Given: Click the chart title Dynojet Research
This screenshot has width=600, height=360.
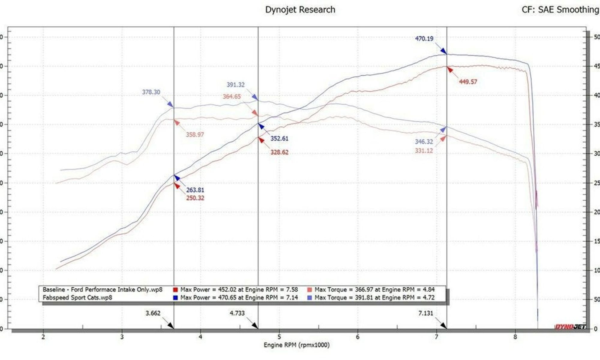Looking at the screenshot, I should (x=300, y=10).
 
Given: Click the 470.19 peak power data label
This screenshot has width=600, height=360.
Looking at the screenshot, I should (x=424, y=39).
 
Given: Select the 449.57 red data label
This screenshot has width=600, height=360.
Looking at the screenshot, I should (x=468, y=82).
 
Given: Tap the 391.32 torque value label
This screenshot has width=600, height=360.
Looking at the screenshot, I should (x=235, y=85).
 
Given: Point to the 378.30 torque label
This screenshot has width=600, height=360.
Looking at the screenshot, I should (x=151, y=92).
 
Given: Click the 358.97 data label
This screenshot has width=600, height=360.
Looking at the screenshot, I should (x=195, y=135).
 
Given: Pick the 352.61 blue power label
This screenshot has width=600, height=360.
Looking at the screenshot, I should (x=279, y=139).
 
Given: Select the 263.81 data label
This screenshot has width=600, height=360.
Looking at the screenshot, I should (x=195, y=190).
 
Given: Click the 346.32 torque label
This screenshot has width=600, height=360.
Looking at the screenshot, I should (x=424, y=142).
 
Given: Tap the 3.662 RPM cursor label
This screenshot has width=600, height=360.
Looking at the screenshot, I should (x=153, y=313).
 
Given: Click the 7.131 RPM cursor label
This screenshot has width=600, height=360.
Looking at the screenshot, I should (x=426, y=313).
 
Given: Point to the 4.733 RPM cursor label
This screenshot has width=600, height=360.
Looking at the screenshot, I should (x=237, y=313).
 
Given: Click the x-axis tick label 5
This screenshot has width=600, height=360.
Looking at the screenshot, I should (x=279, y=337).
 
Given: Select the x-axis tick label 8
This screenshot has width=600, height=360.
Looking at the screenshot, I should (x=515, y=337).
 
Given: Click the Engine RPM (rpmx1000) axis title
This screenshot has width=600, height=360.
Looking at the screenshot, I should (x=296, y=345).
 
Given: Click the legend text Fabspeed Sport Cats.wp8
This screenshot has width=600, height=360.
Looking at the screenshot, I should (x=77, y=298).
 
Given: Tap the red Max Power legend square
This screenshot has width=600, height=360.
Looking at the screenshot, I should (x=175, y=290).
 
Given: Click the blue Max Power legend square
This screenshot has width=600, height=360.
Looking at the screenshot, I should (x=175, y=298).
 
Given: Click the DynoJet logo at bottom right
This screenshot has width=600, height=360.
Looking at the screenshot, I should (x=570, y=326).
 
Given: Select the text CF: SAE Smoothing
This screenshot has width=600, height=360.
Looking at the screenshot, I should (x=560, y=10).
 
